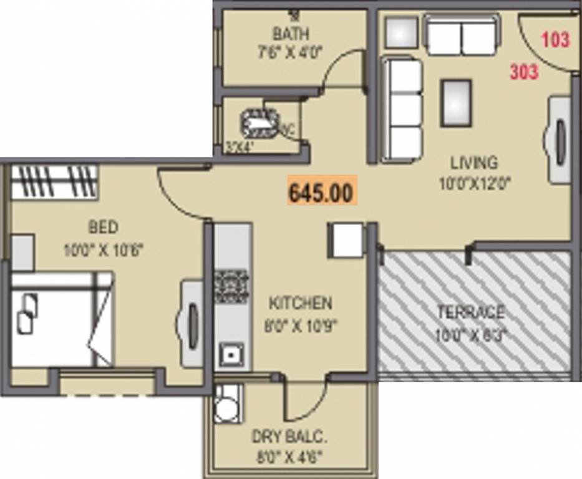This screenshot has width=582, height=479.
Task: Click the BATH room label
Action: click(290, 33)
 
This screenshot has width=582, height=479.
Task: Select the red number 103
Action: click(555, 40)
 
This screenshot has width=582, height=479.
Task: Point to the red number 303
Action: click(524, 72)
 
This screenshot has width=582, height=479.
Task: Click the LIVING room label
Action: click(474, 163)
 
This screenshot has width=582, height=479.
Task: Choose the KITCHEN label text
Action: click(300, 304)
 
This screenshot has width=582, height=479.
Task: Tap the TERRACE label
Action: click(470, 312)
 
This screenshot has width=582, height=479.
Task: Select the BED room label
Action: click(103, 226)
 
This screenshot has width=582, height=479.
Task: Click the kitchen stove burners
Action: click(232, 286)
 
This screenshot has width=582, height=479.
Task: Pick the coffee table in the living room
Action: click(456, 103)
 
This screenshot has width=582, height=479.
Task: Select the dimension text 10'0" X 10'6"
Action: click(104, 251)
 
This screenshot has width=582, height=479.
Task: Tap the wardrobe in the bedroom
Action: click(54, 181)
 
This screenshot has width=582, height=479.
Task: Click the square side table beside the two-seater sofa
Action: click(401, 32)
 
